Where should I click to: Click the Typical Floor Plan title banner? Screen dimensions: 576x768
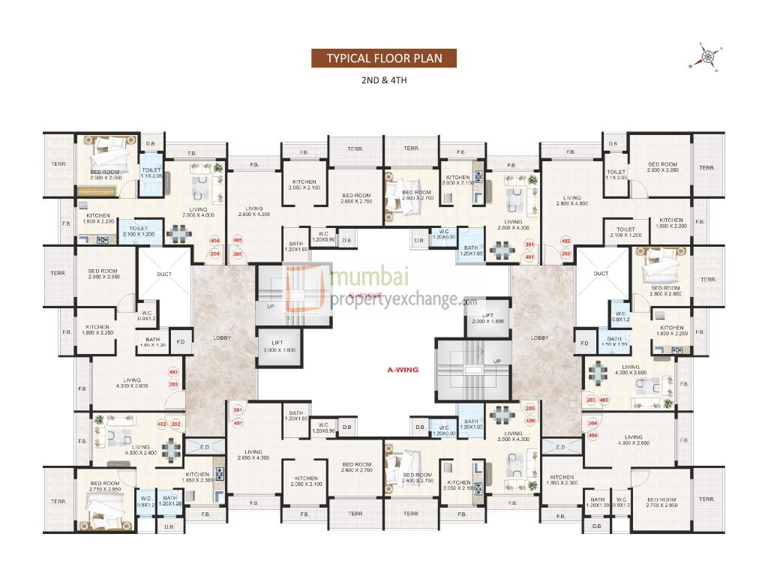click(383, 58)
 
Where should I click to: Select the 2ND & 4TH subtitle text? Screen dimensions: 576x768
click(383, 79)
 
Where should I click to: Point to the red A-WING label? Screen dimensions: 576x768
click(401, 370)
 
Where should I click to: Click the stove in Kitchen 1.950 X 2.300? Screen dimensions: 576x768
click(220, 474)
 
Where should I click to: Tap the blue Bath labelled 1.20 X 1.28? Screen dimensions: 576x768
click(169, 500)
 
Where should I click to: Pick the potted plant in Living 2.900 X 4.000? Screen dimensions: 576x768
click(218, 168)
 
